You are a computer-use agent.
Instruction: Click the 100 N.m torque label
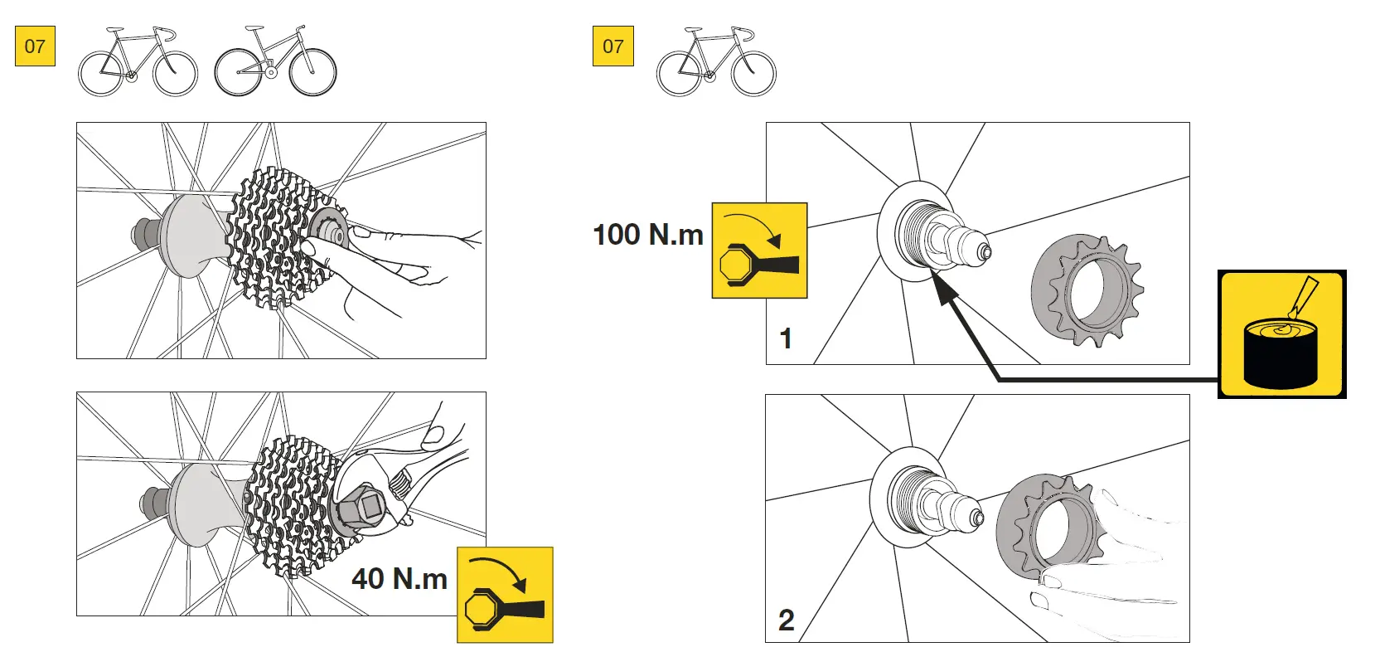point(647,235)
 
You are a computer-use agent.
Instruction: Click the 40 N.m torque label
point(399,578)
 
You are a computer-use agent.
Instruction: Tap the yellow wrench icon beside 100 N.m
point(759,250)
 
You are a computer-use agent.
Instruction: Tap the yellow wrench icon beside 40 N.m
point(505,595)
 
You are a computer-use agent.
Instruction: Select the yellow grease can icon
point(1281,333)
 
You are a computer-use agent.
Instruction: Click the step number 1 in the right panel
point(786,338)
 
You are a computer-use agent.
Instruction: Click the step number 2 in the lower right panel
point(786,620)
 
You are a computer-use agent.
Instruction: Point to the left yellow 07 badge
point(35,46)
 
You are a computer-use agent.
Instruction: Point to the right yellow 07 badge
point(613,46)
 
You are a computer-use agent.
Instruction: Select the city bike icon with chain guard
point(275,61)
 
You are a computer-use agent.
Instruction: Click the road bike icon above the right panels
point(716,61)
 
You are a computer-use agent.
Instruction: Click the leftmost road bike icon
point(138,61)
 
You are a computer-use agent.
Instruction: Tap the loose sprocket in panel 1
point(1086,290)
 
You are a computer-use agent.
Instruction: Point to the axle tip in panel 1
point(984,251)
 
